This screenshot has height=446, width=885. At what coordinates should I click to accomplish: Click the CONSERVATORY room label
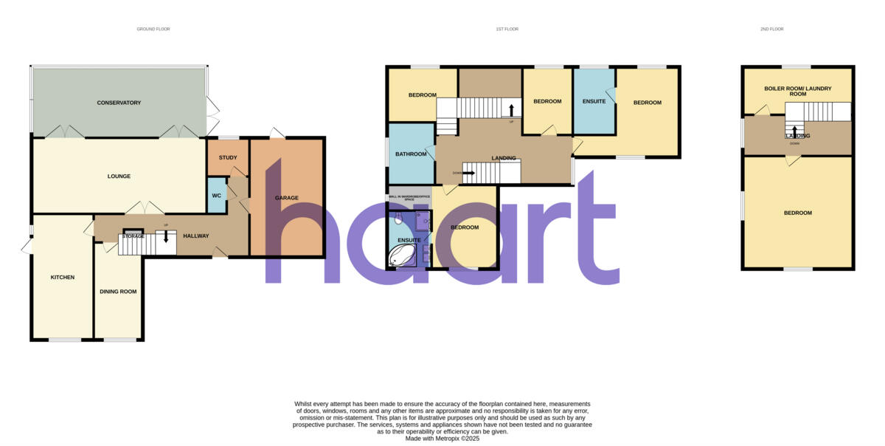(119, 103)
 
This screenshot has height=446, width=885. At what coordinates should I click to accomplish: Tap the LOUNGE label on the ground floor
(119, 176)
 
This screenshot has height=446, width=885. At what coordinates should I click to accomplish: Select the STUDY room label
(228, 157)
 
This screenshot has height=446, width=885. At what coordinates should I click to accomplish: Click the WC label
(217, 196)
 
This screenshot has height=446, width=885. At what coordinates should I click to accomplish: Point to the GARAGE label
(287, 198)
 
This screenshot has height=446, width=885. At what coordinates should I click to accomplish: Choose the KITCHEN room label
(62, 277)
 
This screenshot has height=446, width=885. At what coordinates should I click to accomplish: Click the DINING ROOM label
(118, 292)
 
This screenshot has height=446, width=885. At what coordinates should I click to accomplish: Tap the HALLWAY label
(196, 236)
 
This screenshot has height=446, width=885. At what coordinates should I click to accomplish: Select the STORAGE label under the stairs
(133, 236)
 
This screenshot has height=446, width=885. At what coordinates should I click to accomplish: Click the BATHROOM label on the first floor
(411, 154)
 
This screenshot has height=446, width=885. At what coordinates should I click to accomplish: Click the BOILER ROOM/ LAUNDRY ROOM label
(798, 92)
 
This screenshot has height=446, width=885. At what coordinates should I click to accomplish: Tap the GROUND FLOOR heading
(153, 29)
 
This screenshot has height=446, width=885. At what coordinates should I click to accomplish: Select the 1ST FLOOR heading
(507, 29)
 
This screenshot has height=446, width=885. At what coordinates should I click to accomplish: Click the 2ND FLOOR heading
(772, 29)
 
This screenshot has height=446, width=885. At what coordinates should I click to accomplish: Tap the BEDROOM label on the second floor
(798, 213)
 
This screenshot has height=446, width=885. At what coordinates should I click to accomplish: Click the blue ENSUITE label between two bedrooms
(594, 101)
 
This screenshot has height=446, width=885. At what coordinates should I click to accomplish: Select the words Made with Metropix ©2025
(442, 438)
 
